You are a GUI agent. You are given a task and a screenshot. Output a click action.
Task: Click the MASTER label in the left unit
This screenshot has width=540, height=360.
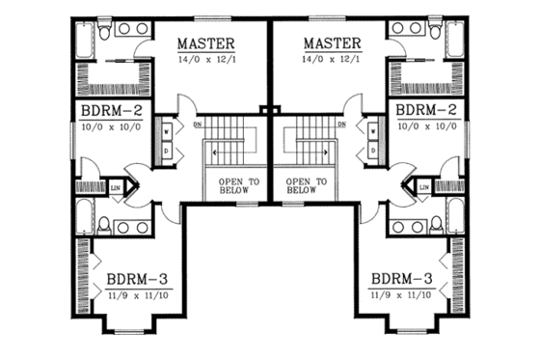coord(206,43)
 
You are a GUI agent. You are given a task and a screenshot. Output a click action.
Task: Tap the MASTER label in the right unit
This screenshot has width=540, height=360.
coord(332,43)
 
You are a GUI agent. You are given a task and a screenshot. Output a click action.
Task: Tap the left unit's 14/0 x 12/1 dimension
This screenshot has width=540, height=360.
coord(206,60)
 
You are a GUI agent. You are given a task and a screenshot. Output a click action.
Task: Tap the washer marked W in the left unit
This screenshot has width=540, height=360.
coord(166,130)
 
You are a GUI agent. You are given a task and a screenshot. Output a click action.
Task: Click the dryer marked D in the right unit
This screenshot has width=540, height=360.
coord(372,151)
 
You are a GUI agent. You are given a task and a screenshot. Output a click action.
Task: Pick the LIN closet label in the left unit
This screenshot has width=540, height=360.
coord(117,186)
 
